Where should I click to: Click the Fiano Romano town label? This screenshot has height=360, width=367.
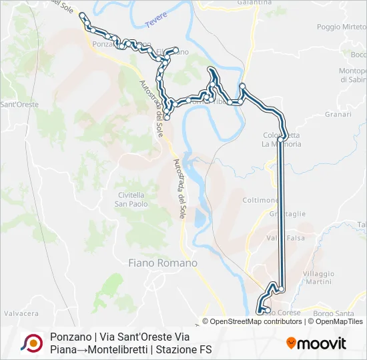163,263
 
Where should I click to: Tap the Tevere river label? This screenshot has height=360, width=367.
155,23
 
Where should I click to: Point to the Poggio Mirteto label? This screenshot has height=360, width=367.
342,27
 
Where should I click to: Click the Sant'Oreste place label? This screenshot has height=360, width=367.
19,105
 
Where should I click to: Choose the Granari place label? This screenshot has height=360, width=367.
338,114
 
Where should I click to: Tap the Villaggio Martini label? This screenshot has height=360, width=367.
318,277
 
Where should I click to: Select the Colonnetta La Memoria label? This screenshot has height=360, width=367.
282,139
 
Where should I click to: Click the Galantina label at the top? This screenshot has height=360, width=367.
254,3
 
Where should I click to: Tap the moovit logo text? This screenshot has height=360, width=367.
322,343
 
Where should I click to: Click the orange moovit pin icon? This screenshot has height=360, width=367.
292,343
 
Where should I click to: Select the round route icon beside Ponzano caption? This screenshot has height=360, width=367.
31,343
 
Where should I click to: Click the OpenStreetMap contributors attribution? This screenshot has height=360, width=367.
256,321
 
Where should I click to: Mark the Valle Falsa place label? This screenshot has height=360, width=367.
285,238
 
